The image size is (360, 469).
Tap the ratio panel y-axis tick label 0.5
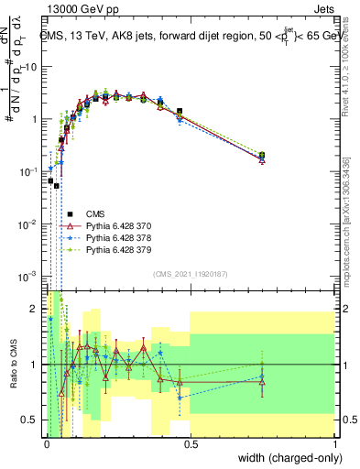coord(32,420)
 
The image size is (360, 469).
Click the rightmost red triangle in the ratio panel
coord(262,382)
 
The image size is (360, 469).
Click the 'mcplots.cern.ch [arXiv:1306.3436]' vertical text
coord(346,219)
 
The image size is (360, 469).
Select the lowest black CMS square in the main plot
coord(57,185)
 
